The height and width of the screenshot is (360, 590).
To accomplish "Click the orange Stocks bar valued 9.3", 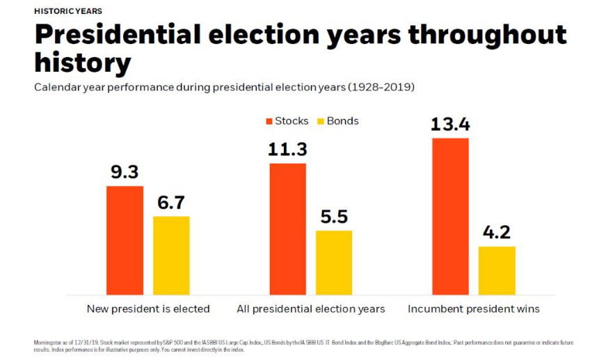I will [125, 240].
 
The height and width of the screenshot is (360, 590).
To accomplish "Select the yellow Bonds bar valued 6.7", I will [171, 256].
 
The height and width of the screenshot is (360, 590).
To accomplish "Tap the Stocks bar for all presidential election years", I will [287, 229].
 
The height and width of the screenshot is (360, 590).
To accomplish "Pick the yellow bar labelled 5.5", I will [334, 263].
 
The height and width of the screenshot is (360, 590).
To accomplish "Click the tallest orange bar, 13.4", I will [450, 217].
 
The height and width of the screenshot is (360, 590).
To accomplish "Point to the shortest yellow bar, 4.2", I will [497, 270].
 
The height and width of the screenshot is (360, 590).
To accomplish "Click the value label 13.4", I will [450, 125].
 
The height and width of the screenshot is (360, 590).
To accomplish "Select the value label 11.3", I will [287, 150].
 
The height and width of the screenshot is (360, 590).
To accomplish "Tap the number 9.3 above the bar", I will [125, 173].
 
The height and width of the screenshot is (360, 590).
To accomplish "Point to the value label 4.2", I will [497, 233].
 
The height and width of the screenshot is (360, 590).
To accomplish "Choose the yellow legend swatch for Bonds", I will [321, 121].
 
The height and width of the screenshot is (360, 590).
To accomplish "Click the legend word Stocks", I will [292, 121].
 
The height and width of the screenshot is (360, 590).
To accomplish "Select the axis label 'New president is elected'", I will [148, 308].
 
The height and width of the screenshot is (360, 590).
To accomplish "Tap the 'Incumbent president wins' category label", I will [473, 308].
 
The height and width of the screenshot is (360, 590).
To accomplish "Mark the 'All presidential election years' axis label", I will [310, 308].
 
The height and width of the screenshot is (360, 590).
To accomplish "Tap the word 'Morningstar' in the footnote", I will [48, 342].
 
